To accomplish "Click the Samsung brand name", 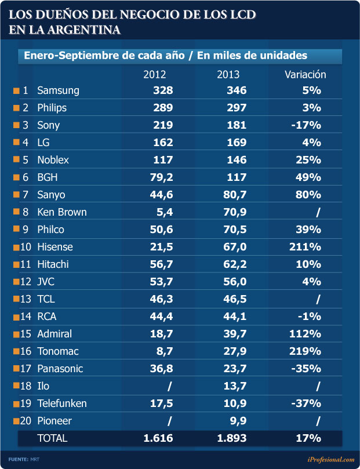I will point(58,90).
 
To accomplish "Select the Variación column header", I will point(306,74).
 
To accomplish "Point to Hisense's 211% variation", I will point(305,247).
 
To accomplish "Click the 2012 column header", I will point(155,74).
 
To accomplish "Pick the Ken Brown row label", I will point(61,212).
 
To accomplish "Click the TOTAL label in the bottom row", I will point(52,438).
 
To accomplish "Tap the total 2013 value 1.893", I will point(232,438).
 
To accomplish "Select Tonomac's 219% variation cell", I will point(305,351).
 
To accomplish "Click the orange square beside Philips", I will point(16,108).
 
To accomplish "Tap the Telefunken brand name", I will point(61,403).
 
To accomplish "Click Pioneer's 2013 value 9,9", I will point(239,421).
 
